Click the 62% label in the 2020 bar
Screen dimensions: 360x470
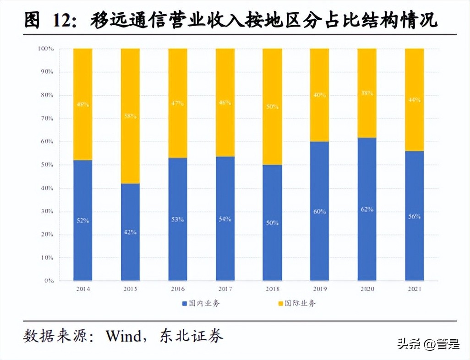pyautogui.click(x=367, y=209)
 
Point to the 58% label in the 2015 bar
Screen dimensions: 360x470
pyautogui.click(x=130, y=116)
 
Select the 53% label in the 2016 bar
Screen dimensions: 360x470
pyautogui.click(x=177, y=219)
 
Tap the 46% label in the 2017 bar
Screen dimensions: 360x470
pyautogui.click(x=225, y=103)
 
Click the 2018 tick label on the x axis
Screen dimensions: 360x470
pyautogui.click(x=272, y=289)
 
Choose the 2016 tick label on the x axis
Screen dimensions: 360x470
pyautogui.click(x=177, y=289)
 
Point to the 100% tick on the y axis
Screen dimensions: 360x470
pyautogui.click(x=46, y=49)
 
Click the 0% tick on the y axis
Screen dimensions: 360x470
pyautogui.click(x=49, y=280)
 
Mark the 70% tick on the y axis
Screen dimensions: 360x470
pyautogui.click(x=48, y=118)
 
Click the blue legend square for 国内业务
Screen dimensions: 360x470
pyautogui.click(x=184, y=303)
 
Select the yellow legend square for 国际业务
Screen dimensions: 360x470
pyautogui.click(x=280, y=303)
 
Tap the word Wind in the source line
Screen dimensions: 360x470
pyautogui.click(x=124, y=336)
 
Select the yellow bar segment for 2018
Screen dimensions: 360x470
pyautogui.click(x=272, y=106)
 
